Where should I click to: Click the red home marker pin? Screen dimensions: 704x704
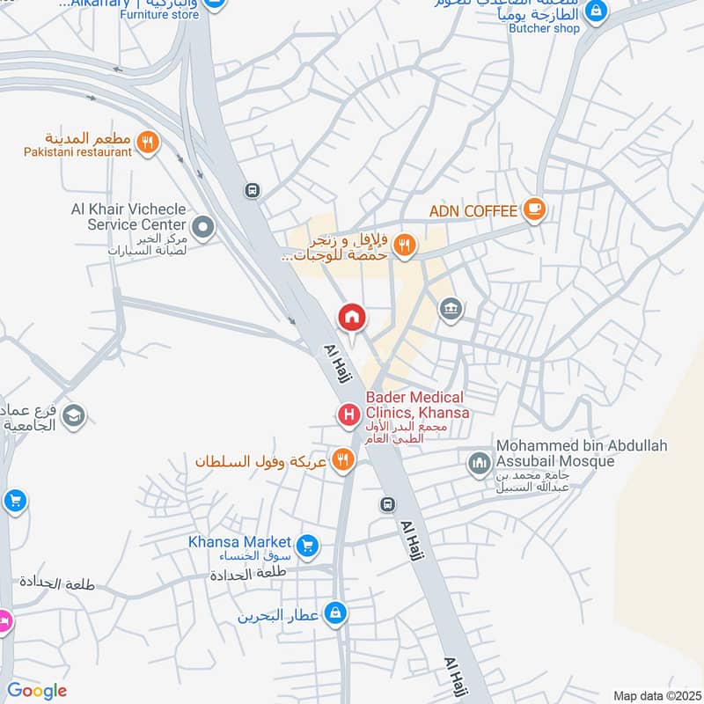pyautogui.click(x=352, y=317)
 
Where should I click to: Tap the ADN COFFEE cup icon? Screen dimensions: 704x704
pyautogui.click(x=533, y=209)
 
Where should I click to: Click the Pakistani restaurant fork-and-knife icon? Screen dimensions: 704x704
pyautogui.click(x=148, y=141)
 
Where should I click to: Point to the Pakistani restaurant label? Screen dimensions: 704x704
pyautogui.click(x=77, y=151)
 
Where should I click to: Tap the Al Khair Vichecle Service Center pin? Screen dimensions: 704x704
pyautogui.click(x=203, y=229)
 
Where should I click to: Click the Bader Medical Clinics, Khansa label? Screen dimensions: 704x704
pyautogui.click(x=417, y=406)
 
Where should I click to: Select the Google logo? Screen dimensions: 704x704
pyautogui.click(x=37, y=691)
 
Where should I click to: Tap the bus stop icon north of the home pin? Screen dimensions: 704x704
pyautogui.click(x=253, y=190)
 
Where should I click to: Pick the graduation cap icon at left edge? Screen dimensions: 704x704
pyautogui.click(x=74, y=415)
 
